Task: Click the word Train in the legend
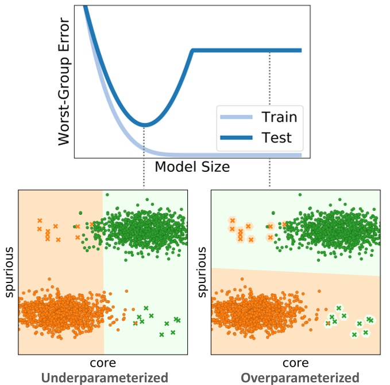pos(279,117)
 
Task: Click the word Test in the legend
pos(276,137)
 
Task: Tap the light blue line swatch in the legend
pos(236,117)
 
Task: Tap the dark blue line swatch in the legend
pos(236,138)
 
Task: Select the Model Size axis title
pos(192,167)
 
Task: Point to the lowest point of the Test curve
pos(144,124)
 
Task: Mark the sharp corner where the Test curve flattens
pos(193,50)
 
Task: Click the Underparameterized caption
pos(105,378)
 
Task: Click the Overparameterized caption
pos(300,378)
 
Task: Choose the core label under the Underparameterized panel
pos(103,363)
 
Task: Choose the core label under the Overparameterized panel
pos(295,363)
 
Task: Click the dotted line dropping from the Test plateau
pos(270,115)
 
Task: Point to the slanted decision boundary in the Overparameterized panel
pos(295,272)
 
